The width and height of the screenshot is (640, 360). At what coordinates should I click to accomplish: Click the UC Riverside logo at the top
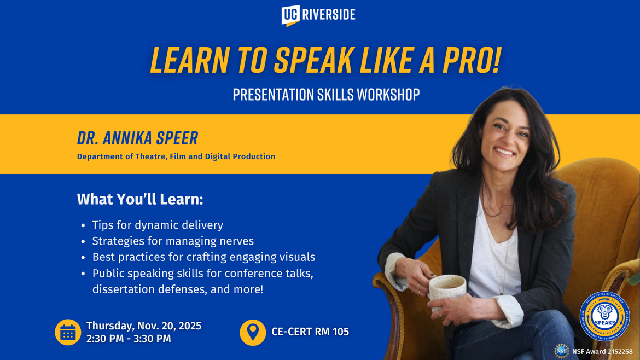pos(318,15)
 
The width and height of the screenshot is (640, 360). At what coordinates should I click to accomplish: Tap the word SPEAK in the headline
pos(307,60)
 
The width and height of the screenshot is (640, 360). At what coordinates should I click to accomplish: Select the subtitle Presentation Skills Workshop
pos(326,95)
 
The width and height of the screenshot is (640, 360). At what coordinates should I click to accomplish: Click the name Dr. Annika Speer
pos(137,138)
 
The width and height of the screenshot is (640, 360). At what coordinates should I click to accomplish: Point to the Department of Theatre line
pos(176,156)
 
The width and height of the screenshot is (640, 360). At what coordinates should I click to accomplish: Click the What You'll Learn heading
pos(140,199)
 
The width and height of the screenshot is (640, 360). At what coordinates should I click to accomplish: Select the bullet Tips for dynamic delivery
pos(158,225)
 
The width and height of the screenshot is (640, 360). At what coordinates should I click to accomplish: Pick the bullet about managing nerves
pos(173,241)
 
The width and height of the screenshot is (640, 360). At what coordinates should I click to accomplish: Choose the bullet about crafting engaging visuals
pos(203,257)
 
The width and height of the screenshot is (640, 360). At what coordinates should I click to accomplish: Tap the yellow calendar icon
pos(68,332)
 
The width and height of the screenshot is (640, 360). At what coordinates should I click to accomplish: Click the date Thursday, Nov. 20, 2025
pos(144,326)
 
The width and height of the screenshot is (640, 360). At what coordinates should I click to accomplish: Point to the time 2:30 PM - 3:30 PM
pos(129,339)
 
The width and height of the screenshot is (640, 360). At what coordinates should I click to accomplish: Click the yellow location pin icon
pos(253,332)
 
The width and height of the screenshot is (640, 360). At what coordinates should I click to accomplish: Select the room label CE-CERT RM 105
pos(310,332)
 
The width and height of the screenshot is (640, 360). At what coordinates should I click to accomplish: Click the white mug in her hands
pos(446,292)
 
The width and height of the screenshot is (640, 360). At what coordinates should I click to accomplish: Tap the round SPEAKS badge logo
pos(604,316)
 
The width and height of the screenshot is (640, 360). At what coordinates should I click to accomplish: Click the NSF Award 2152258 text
pos(602,352)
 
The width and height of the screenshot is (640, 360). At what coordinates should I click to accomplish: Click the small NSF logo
pos(561,351)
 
